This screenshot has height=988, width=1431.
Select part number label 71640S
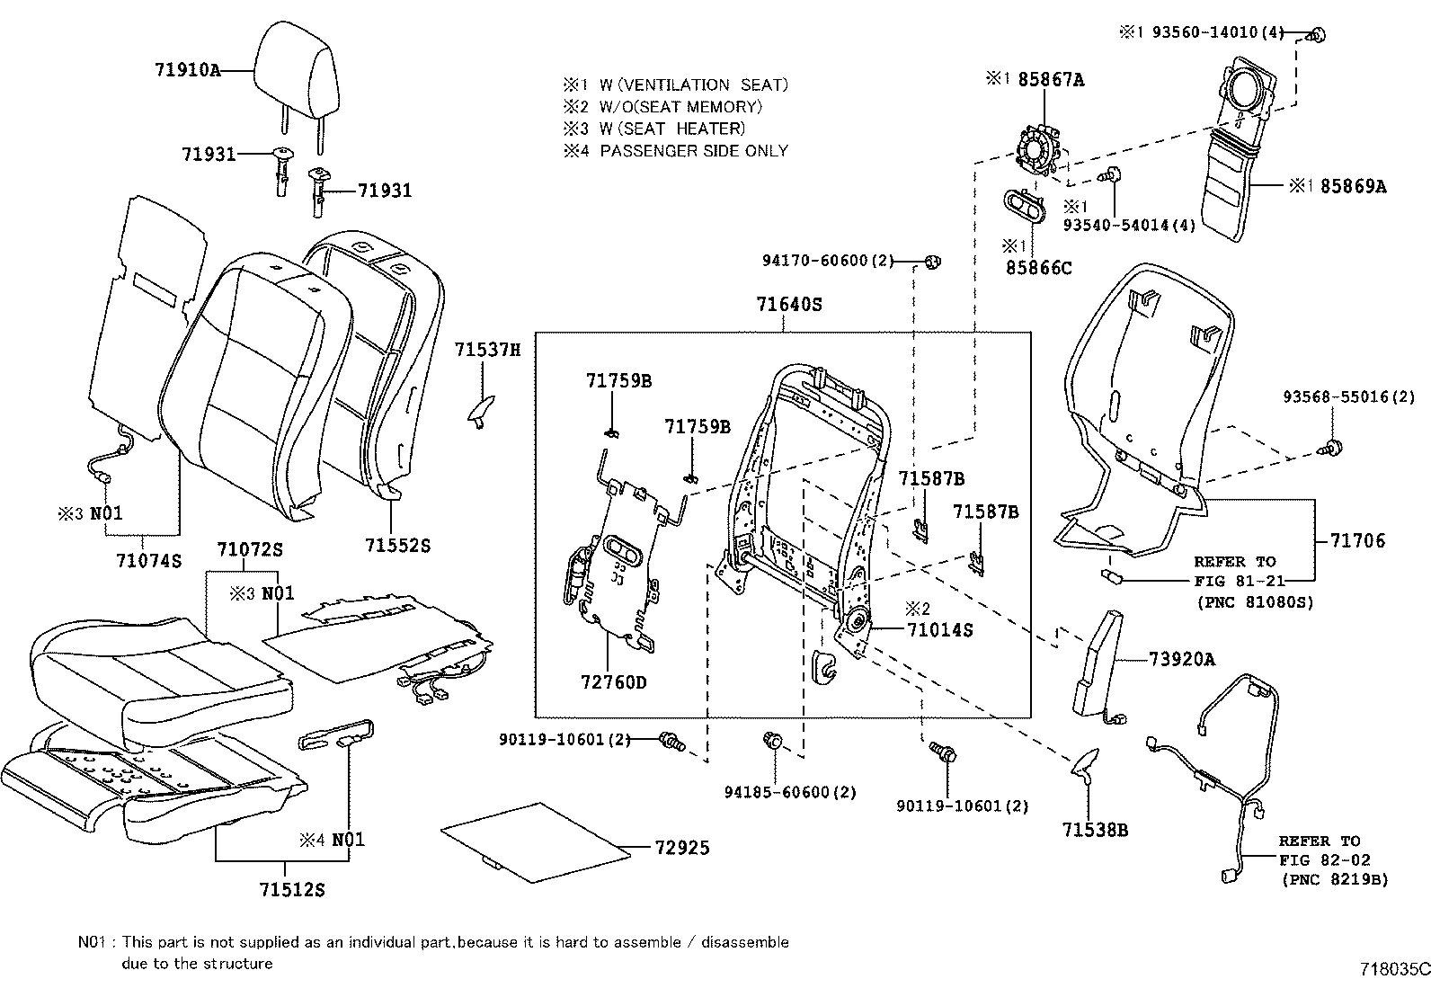[x=788, y=305]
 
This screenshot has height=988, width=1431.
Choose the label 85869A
[x=1353, y=187]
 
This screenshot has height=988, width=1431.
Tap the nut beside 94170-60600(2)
[x=933, y=263]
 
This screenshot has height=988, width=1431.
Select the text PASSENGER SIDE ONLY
[x=693, y=151]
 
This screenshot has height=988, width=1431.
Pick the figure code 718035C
[x=1393, y=969]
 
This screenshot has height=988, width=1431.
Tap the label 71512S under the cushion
[x=291, y=890]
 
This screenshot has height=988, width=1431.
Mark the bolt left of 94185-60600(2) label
[x=772, y=742]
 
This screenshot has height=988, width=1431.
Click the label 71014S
[x=939, y=630]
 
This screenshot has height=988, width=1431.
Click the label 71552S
[x=397, y=546]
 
